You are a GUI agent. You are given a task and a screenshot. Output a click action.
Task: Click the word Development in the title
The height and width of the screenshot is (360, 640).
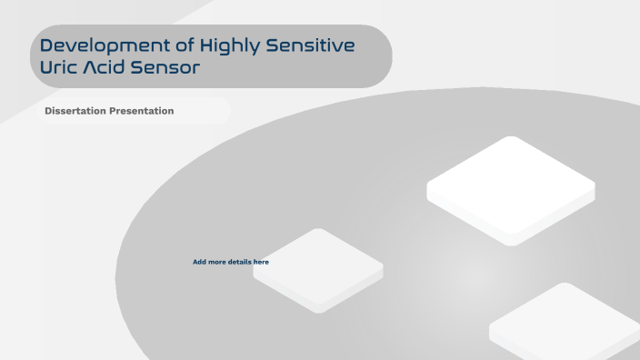pos(99,45)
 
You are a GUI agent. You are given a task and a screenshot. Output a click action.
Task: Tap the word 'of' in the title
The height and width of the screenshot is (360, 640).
pos(173,45)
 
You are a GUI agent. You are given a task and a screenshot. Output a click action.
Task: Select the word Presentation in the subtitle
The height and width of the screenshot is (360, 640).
pos(141,111)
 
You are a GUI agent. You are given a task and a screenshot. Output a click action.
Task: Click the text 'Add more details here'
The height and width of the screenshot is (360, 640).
pos(231,262)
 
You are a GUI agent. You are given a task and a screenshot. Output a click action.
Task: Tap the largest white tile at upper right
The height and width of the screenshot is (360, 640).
pos(511,189)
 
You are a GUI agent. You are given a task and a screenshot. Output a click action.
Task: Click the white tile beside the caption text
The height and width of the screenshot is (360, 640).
pos(318,270)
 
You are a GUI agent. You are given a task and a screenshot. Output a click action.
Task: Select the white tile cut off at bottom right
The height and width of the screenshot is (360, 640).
pos(565,323)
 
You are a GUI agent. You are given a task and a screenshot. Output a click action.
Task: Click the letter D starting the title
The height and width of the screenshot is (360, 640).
pos(46,45)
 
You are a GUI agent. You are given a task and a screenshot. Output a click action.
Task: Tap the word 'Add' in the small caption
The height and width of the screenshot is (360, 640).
pos(199,262)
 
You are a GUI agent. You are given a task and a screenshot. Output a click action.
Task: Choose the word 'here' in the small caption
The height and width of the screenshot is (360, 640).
pos(261,262)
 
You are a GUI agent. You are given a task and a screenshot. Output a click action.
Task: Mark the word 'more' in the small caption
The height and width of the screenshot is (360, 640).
pos(217,262)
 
